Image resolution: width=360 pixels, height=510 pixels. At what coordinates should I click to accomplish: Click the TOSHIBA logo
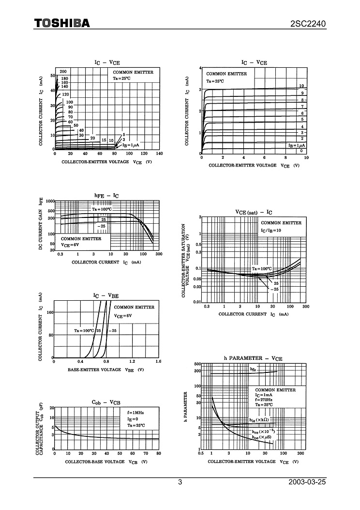(61, 23)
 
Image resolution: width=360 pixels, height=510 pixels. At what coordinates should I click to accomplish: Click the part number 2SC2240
(308, 23)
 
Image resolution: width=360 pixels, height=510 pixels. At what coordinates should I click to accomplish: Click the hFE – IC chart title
(106, 196)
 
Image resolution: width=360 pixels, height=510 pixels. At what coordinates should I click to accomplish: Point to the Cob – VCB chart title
(106, 402)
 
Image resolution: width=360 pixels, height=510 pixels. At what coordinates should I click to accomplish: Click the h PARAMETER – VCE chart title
(253, 358)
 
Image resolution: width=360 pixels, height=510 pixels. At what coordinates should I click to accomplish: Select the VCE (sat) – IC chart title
(254, 212)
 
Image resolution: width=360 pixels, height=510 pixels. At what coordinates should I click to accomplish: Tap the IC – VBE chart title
(106, 295)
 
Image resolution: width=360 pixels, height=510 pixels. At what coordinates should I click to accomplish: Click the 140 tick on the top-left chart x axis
(159, 154)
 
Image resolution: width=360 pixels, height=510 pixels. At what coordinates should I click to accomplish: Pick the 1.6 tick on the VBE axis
(158, 361)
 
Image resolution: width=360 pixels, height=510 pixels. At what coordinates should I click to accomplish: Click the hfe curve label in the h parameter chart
(253, 370)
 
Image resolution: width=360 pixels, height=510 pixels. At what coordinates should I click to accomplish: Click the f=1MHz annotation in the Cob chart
(135, 412)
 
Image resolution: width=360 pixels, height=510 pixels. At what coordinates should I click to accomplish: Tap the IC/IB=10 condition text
(271, 230)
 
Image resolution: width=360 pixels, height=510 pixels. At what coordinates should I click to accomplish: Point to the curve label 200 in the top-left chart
(63, 72)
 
